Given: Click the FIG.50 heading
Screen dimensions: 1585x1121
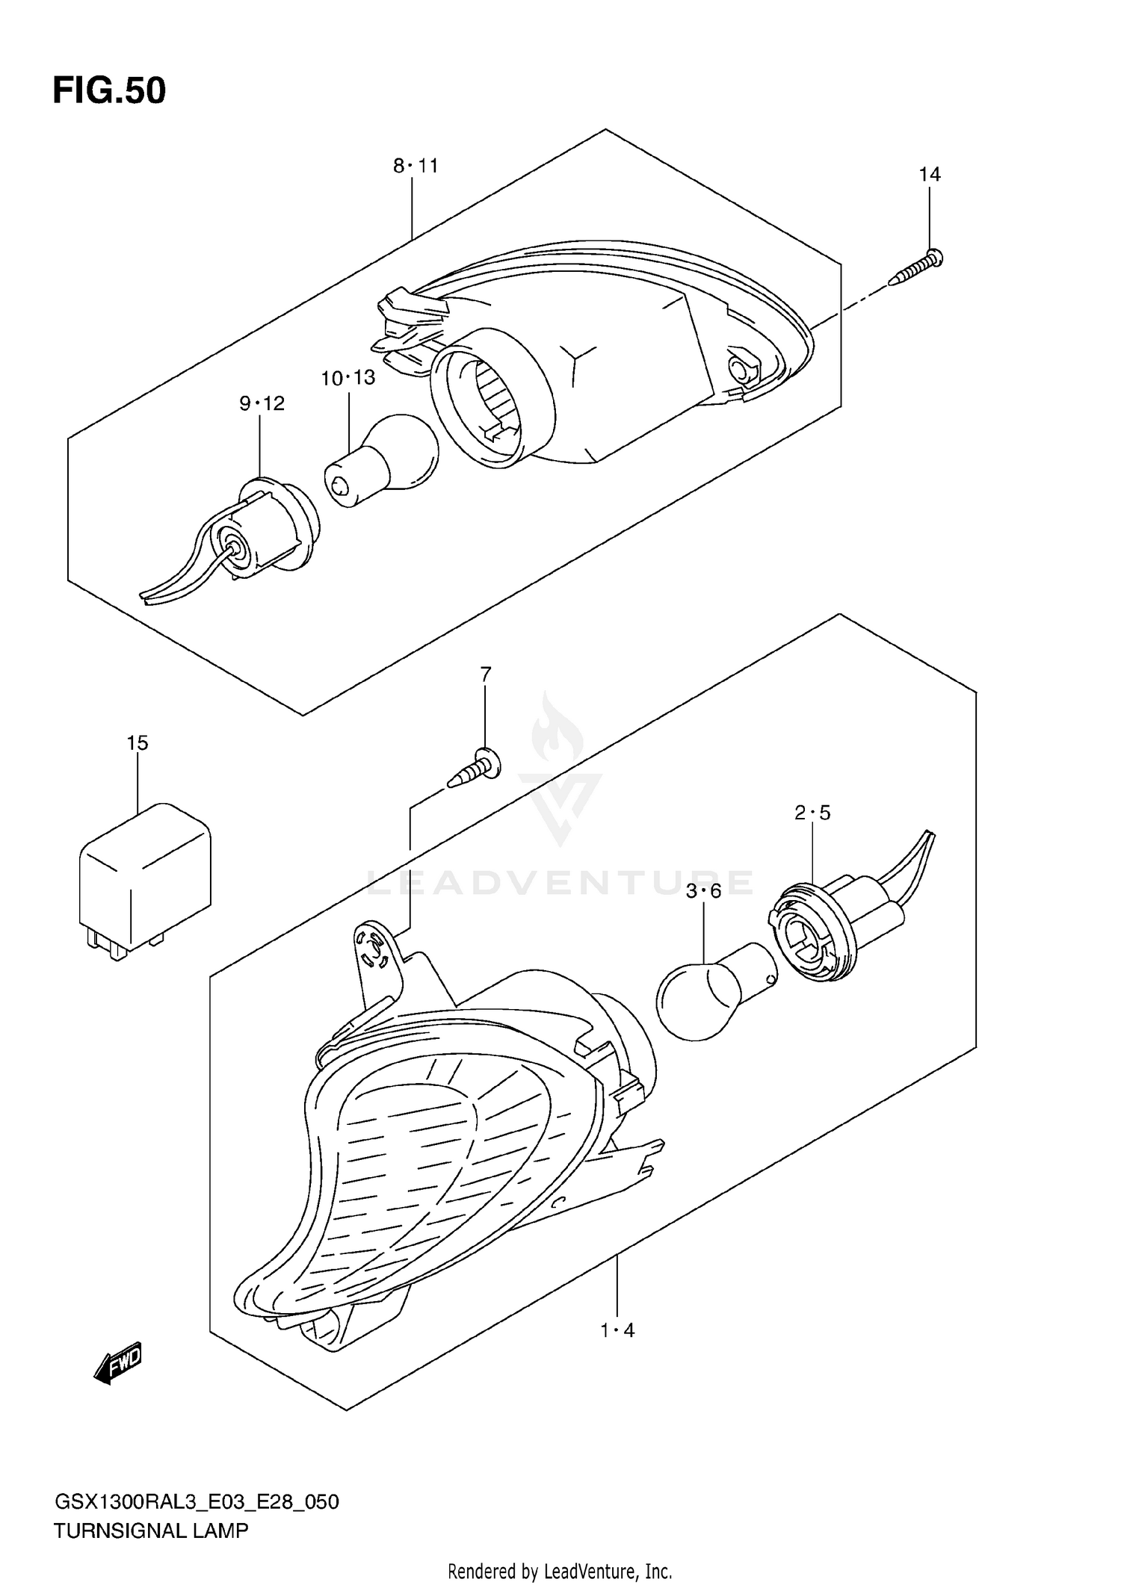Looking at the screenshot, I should [109, 91].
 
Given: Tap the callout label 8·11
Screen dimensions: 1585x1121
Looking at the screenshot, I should [416, 166].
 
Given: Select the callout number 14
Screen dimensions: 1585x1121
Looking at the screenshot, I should [929, 175].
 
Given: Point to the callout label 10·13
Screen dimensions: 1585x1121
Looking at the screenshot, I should [348, 378].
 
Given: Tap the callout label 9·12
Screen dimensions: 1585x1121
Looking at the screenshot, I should [262, 404].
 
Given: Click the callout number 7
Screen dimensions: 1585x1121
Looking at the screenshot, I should [486, 674].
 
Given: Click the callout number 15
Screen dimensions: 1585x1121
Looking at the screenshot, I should [138, 743].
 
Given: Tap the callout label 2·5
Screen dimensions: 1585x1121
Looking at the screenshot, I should [812, 813].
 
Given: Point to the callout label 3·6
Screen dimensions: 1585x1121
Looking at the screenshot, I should [703, 891].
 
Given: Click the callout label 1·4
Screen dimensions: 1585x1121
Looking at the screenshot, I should [618, 1330].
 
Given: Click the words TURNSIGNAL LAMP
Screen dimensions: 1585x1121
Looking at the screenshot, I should [150, 1531].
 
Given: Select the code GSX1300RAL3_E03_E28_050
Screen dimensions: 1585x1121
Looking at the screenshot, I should [197, 1502].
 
